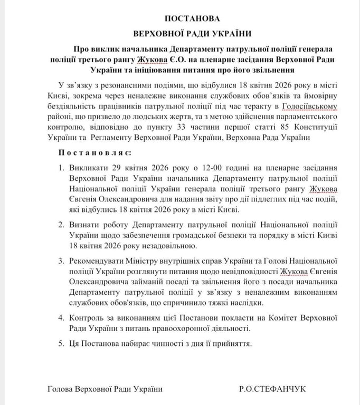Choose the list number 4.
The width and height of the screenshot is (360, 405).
pyautogui.click(x=61, y=317)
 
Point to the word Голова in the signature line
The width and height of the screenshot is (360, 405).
pyautogui.click(x=59, y=389)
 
